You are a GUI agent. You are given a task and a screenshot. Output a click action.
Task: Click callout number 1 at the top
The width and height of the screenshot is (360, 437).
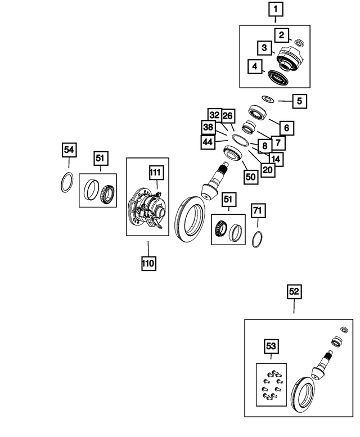coord(276,9)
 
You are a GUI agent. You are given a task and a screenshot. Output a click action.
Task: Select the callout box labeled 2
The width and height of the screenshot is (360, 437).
coord(281,35)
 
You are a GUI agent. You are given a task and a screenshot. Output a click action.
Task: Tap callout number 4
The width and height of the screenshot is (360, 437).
coord(255,66)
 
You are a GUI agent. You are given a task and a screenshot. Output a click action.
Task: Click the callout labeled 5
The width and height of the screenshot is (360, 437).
coord(300,101)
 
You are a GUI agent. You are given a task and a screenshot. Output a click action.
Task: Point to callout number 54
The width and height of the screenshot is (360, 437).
coord(69,150)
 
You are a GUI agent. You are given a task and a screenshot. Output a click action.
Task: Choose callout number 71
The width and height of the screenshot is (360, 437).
coord(258,210)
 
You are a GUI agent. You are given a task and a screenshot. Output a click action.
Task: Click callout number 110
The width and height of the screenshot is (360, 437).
coord(148,263)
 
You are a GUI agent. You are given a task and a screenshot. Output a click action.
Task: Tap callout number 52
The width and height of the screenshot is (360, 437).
coord(294,291)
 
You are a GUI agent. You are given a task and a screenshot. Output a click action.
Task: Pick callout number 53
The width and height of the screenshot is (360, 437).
coord(271,346)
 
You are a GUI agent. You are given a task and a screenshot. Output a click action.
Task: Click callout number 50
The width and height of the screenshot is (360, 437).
coord(251,177)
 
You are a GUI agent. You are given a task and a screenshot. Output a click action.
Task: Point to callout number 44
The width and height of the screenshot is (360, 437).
coord(208,142)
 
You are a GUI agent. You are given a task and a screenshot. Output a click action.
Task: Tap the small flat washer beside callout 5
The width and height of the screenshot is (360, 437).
coord(268,98)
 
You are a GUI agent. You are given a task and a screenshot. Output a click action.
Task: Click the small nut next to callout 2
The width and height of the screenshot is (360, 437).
coord(299,42)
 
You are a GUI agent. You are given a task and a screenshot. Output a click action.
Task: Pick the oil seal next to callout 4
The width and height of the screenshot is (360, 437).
coord(278,78)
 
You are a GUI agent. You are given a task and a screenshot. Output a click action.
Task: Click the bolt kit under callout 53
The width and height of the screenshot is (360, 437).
coord(271,385)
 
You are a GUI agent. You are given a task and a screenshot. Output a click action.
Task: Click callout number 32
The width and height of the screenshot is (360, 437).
coord(215,115)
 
